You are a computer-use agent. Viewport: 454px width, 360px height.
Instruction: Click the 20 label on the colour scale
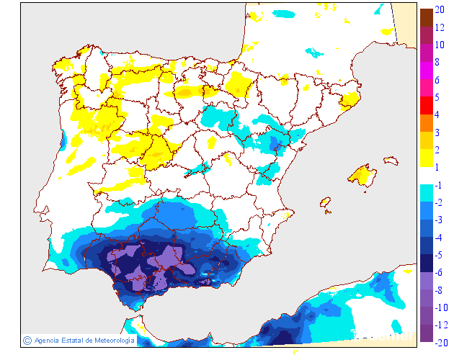[440, 11]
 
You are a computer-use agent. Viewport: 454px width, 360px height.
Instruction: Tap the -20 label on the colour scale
[440, 343]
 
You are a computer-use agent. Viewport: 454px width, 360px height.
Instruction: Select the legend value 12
[440, 27]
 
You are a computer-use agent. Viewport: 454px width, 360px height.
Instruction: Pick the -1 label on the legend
[437, 186]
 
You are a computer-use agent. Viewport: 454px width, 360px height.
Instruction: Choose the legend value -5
[437, 255]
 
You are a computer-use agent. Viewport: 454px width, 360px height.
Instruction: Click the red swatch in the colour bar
[426, 106]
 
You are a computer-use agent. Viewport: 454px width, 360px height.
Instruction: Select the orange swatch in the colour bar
[426, 123]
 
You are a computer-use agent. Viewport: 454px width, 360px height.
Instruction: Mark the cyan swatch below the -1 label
[426, 193]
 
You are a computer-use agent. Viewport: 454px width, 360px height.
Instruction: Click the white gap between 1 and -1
[426, 176]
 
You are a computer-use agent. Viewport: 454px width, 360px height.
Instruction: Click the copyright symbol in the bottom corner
[27, 340]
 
